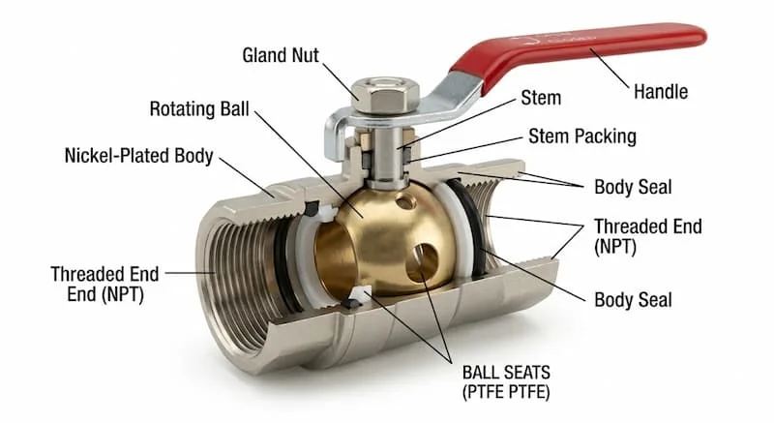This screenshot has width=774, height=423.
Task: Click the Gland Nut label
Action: (281, 55)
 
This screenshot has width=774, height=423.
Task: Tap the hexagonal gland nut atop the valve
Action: (385, 95)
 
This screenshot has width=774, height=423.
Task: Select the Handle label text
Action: (661, 92)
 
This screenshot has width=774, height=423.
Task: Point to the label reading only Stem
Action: (541, 98)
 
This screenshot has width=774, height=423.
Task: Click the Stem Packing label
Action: (582, 136)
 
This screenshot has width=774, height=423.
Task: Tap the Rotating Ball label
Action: (199, 109)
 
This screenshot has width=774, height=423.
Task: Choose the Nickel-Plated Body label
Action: (138, 156)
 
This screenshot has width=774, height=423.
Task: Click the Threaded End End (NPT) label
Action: (104, 285)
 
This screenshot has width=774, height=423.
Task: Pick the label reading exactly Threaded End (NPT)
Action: (647, 236)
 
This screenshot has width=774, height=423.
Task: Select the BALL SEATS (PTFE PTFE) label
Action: (506, 382)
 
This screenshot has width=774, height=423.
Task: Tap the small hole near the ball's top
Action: (404, 201)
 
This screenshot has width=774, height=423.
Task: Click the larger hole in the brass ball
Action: (421, 262)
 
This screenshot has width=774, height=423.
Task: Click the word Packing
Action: (607, 136)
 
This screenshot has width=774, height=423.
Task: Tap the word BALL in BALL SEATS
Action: (478, 373)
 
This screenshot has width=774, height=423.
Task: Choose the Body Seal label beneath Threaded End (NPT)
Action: (633, 300)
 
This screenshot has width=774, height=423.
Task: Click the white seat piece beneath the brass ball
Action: (360, 294)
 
